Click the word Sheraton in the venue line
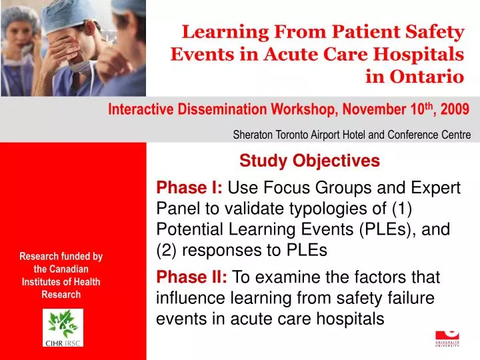[x=253, y=134]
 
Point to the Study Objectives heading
[x=309, y=161]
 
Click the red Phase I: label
[x=181, y=187]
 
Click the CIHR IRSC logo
[x=63, y=327]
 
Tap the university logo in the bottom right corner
[x=447, y=339]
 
